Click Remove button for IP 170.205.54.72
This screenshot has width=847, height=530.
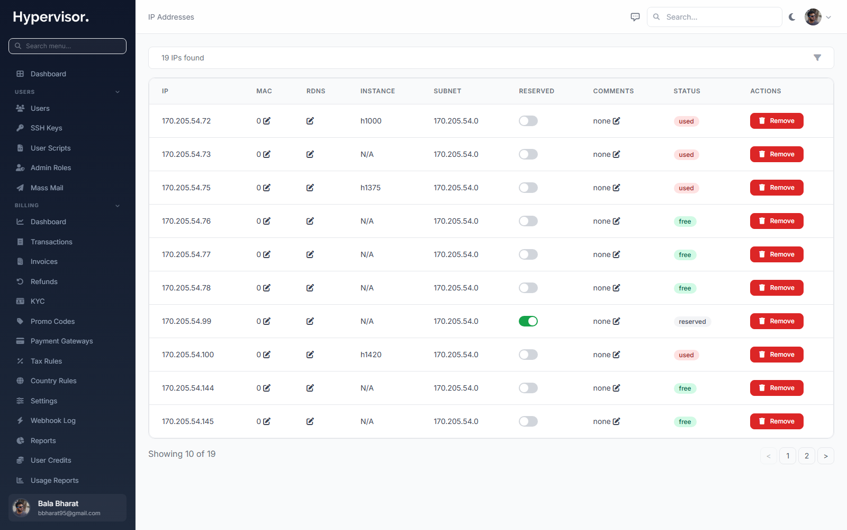[776, 121]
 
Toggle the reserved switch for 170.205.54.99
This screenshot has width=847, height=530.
[528, 321]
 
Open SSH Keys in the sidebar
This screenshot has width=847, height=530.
[46, 128]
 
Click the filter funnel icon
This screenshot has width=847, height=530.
[817, 58]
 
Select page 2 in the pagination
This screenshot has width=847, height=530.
[807, 456]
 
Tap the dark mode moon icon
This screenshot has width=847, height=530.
[792, 17]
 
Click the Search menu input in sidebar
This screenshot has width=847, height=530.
[67, 46]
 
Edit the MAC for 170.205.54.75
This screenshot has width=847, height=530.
[267, 188]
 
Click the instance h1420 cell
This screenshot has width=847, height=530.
[371, 355]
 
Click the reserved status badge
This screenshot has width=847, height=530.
[692, 321]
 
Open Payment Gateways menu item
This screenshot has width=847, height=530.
[61, 341]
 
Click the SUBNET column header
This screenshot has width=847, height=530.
[447, 91]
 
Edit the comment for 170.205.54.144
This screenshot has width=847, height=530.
[616, 388]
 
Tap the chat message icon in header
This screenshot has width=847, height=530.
[635, 17]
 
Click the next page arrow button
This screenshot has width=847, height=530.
[825, 456]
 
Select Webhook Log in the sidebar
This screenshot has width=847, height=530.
[53, 421]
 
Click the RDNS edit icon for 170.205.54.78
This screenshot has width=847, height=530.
[310, 288]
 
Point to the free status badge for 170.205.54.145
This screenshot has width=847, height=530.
[685, 422]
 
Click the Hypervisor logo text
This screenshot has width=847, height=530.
[51, 17]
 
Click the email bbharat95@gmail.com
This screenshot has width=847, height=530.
[69, 514]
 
